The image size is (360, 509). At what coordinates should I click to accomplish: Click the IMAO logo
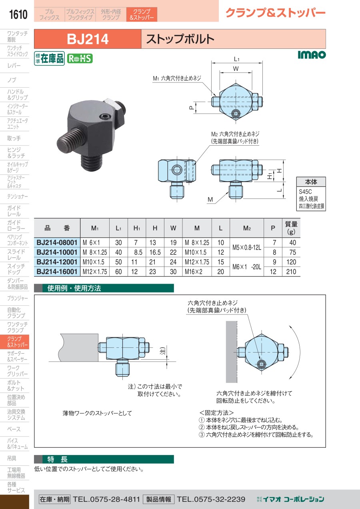(312, 55)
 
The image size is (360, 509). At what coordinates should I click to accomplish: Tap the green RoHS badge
(80, 59)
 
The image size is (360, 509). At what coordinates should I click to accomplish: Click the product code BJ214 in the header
(88, 39)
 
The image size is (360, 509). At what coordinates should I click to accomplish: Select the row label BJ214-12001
(57, 262)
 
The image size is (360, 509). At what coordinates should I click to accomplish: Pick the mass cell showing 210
(291, 272)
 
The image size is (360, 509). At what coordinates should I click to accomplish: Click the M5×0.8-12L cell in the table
(247, 247)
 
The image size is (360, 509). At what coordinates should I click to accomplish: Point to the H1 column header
(137, 228)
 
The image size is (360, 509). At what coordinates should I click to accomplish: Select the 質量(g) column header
(291, 228)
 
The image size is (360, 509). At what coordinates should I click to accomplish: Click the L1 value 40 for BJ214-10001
(118, 252)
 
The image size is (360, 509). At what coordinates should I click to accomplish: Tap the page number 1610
(18, 14)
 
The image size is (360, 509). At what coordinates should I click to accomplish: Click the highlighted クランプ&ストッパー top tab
(142, 14)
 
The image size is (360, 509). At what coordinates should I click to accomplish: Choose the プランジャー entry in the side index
(18, 298)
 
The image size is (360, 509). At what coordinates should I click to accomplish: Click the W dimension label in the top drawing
(236, 68)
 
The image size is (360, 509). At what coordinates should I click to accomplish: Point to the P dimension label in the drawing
(192, 108)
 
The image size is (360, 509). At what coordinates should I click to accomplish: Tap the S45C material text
(305, 192)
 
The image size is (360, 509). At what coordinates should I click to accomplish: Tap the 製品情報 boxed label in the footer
(158, 499)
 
